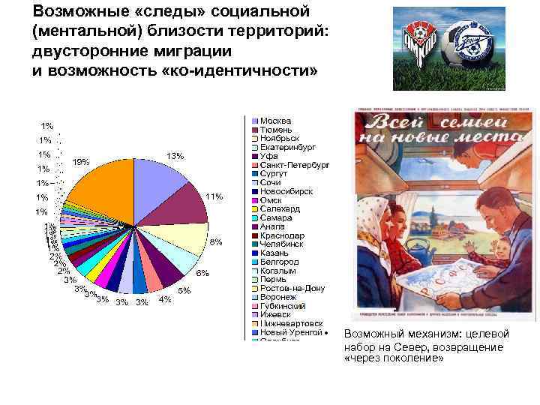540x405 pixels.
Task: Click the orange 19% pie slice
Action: (x=97, y=184)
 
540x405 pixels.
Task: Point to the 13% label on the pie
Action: (x=175, y=156)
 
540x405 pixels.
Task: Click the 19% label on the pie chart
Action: (x=81, y=162)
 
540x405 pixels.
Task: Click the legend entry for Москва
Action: (x=275, y=121)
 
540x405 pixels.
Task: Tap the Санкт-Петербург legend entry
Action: (x=294, y=165)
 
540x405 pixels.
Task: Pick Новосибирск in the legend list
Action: (x=287, y=191)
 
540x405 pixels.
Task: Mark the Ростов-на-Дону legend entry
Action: (x=292, y=288)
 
